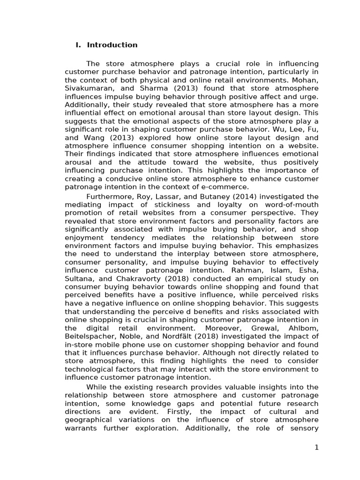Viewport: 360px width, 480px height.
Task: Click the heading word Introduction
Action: [112, 45]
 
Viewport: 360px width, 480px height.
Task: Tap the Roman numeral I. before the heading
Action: [78, 45]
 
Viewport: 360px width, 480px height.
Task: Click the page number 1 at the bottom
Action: [316, 448]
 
